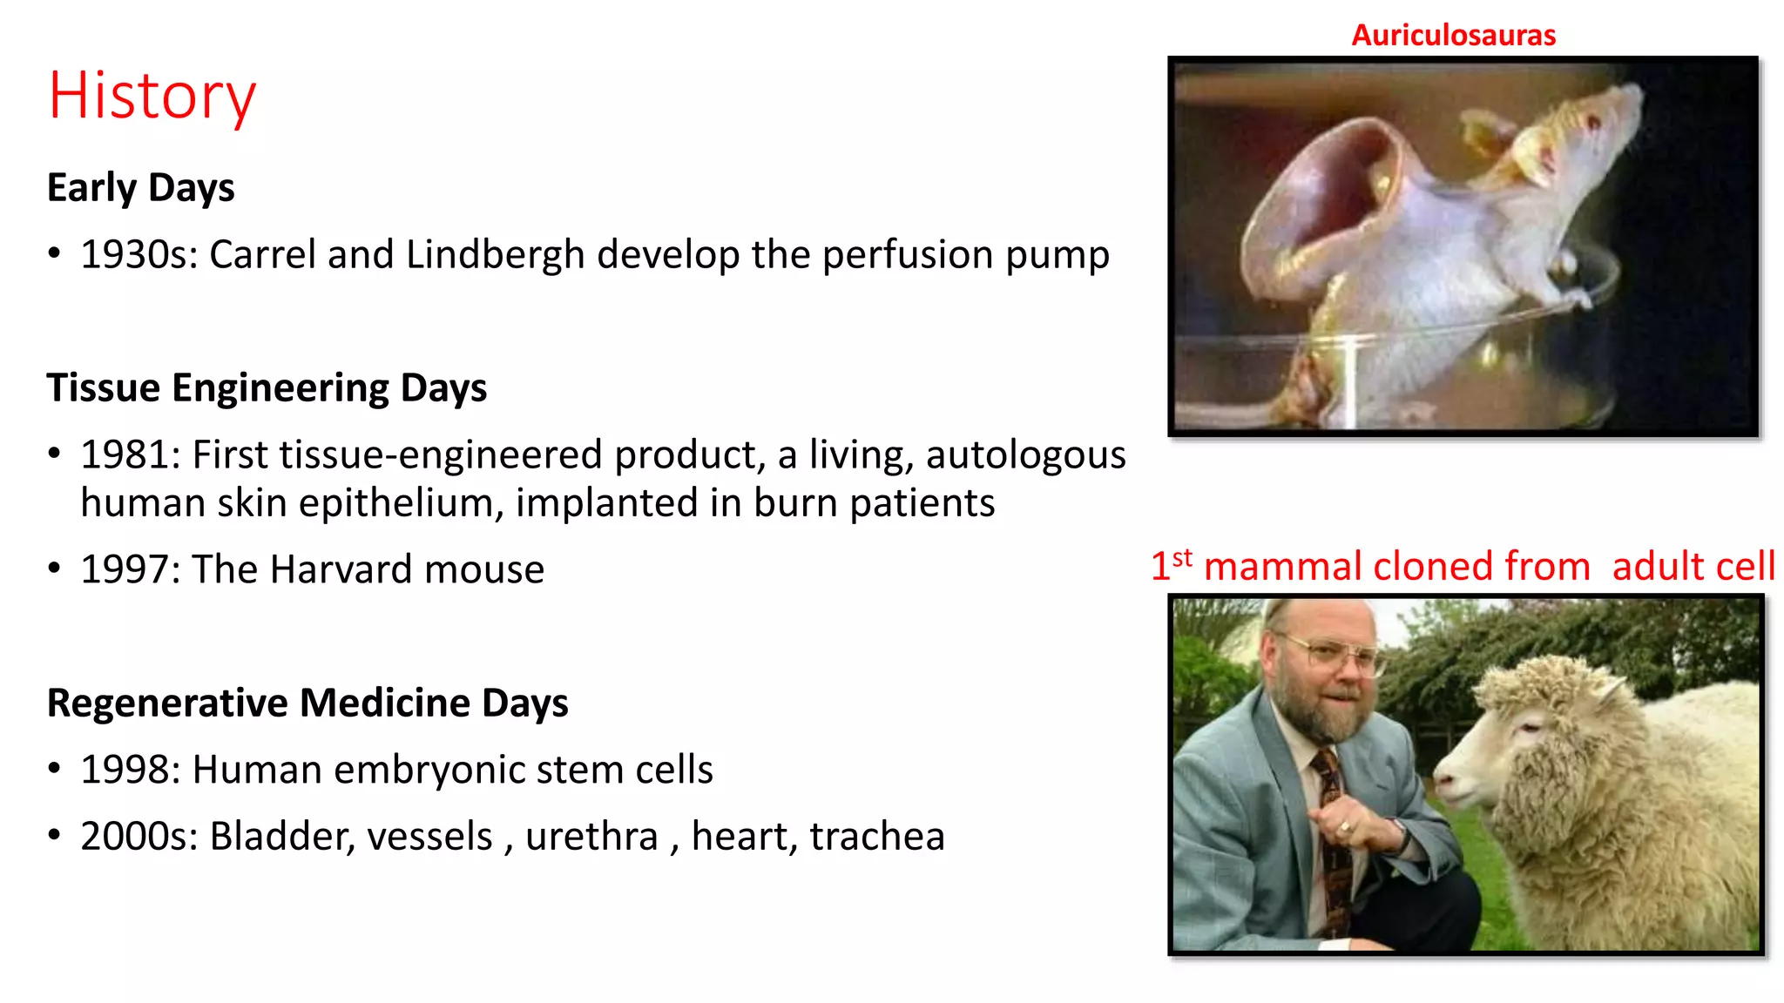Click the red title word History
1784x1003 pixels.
pyautogui.click(x=152, y=96)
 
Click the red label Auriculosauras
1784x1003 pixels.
pyautogui.click(x=1453, y=36)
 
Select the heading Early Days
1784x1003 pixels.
pyautogui.click(x=140, y=188)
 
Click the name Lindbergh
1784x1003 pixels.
pyautogui.click(x=495, y=255)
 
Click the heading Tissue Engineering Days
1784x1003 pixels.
pyautogui.click(x=267, y=387)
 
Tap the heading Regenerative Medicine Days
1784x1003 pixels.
pyautogui.click(x=307, y=703)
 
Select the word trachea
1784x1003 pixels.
pyautogui.click(x=876, y=837)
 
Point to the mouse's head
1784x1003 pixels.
pyautogui.click(x=1577, y=131)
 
